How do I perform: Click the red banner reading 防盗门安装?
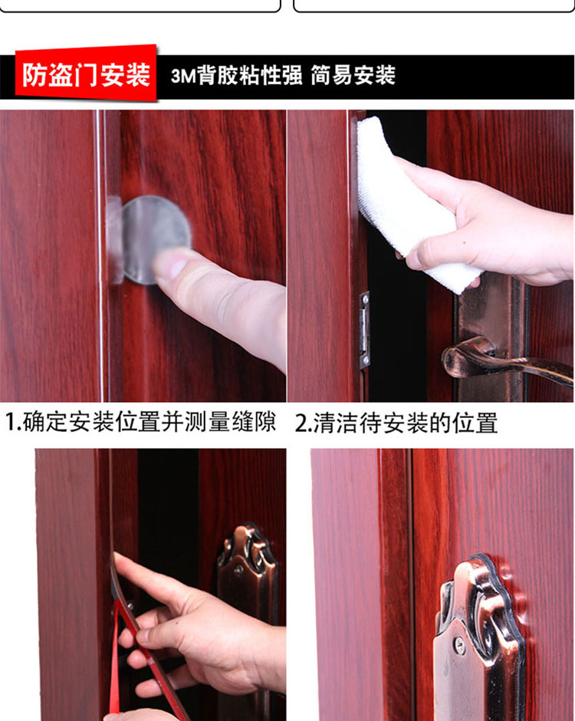point(86,74)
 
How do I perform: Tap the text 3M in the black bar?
point(183,76)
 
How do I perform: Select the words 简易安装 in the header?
point(353,75)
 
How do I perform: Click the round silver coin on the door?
point(156,239)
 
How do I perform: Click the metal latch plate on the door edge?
point(364,330)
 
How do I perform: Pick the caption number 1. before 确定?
point(13,422)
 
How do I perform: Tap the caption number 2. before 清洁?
point(304,423)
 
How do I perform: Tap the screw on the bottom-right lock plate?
point(460,644)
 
